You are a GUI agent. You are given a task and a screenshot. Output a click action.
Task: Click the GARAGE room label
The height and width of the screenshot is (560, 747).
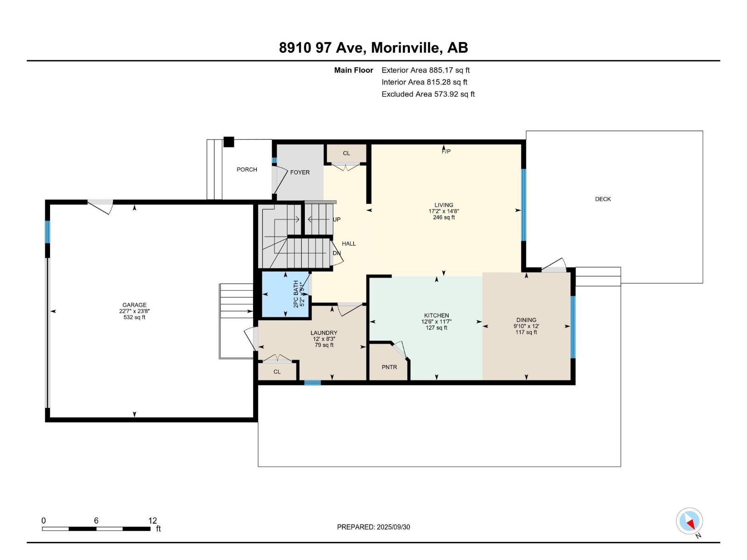coord(134,305)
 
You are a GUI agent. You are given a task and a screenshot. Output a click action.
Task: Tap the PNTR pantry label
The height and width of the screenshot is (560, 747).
coord(389,367)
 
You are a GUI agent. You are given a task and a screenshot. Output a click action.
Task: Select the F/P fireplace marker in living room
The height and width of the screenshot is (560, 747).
coord(446,151)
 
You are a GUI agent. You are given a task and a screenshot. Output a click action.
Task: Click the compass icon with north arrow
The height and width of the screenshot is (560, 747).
coord(689,521)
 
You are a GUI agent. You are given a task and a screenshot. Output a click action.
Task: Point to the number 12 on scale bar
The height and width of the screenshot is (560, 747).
coord(153,521)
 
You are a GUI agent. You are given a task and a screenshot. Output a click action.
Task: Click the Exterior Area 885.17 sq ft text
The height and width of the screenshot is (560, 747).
coord(425,70)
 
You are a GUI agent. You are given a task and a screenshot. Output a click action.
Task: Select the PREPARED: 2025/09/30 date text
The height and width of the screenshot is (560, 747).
coord(373,527)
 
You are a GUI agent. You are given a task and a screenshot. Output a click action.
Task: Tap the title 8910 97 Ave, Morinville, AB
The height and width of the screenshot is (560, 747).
coord(373,48)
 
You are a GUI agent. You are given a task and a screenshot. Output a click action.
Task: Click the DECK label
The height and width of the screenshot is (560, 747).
coord(603,199)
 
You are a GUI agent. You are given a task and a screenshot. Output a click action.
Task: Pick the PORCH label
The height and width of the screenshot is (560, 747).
coord(247,169)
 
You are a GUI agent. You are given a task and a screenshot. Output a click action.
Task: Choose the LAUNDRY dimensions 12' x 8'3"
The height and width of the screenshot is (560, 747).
coord(324,339)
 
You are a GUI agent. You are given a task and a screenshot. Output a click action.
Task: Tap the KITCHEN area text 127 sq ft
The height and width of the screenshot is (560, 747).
coord(436,328)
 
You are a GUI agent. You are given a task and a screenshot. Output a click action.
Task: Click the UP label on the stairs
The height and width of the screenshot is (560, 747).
coord(337,219)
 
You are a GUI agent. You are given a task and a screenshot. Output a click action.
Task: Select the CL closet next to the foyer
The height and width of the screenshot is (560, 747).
coord(346,153)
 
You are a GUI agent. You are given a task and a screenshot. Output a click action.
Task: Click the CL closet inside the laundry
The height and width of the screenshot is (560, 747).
coord(277,372)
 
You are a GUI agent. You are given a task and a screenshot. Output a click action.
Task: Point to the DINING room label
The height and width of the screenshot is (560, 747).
coord(526,320)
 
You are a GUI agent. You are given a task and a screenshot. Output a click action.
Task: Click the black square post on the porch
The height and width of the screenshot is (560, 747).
coord(228,142)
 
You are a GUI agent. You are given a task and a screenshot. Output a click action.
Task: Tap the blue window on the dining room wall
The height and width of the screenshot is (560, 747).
coord(573,327)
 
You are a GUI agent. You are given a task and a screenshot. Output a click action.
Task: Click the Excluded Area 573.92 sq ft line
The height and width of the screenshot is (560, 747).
coord(428,94)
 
